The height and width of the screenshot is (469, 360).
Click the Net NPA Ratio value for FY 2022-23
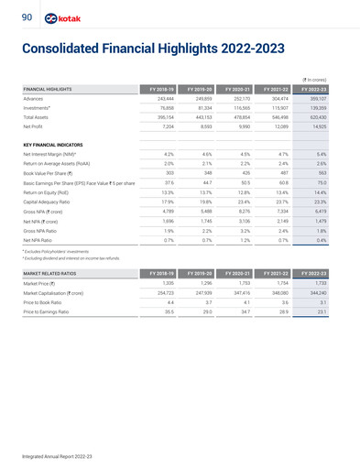pyautogui.click(x=334, y=241)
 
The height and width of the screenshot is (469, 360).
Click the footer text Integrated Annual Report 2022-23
pyautogui.click(x=56, y=453)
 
